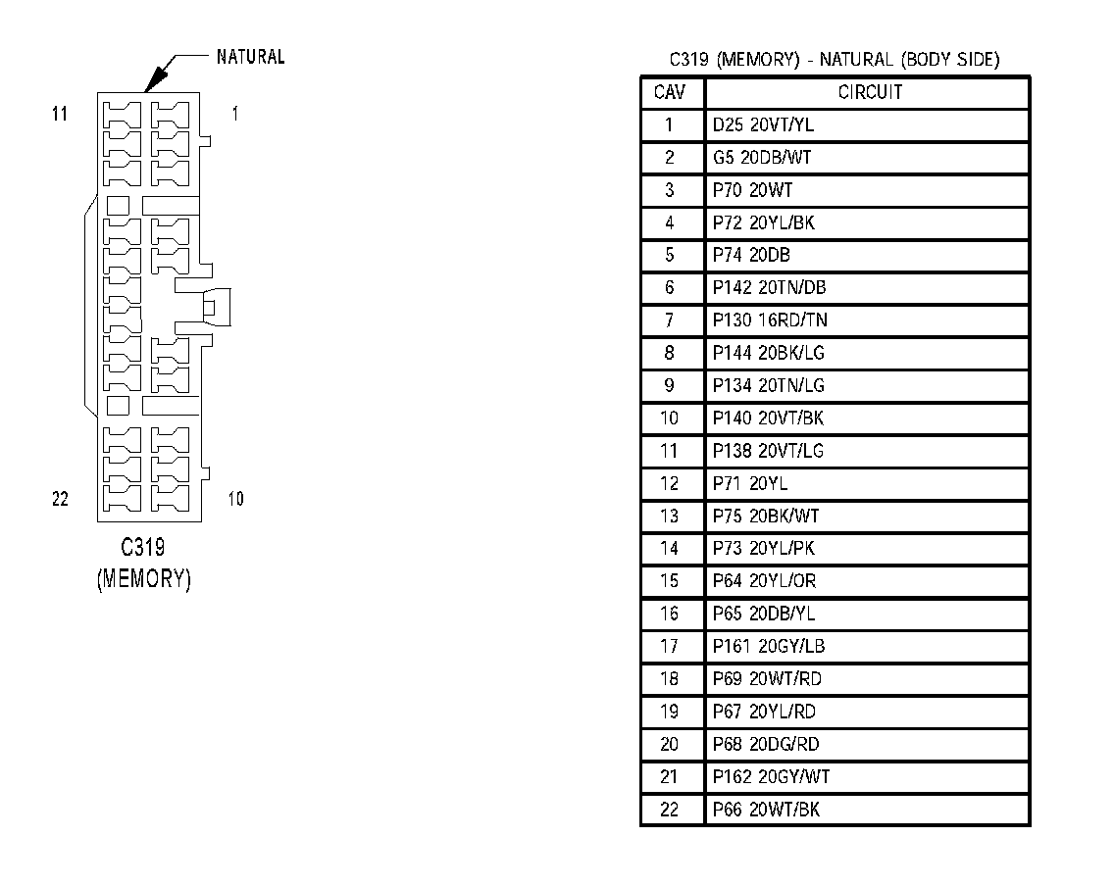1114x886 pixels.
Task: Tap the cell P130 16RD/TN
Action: (770, 320)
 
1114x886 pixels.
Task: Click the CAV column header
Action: (671, 93)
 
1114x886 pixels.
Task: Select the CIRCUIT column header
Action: (869, 93)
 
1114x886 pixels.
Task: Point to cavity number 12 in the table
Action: (670, 483)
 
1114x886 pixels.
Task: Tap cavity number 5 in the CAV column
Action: (670, 255)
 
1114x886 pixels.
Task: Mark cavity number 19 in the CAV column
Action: (670, 712)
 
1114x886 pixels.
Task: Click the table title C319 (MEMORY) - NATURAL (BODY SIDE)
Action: (835, 60)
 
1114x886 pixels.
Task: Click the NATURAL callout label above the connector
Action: (250, 57)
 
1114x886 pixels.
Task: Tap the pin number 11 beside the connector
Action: (60, 115)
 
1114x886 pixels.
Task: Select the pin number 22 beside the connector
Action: (60, 499)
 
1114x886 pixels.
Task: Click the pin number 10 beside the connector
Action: (235, 499)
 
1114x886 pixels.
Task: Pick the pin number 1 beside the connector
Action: (234, 115)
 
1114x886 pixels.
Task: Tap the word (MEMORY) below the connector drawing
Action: (143, 578)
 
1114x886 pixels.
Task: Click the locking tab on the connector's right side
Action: (217, 307)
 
